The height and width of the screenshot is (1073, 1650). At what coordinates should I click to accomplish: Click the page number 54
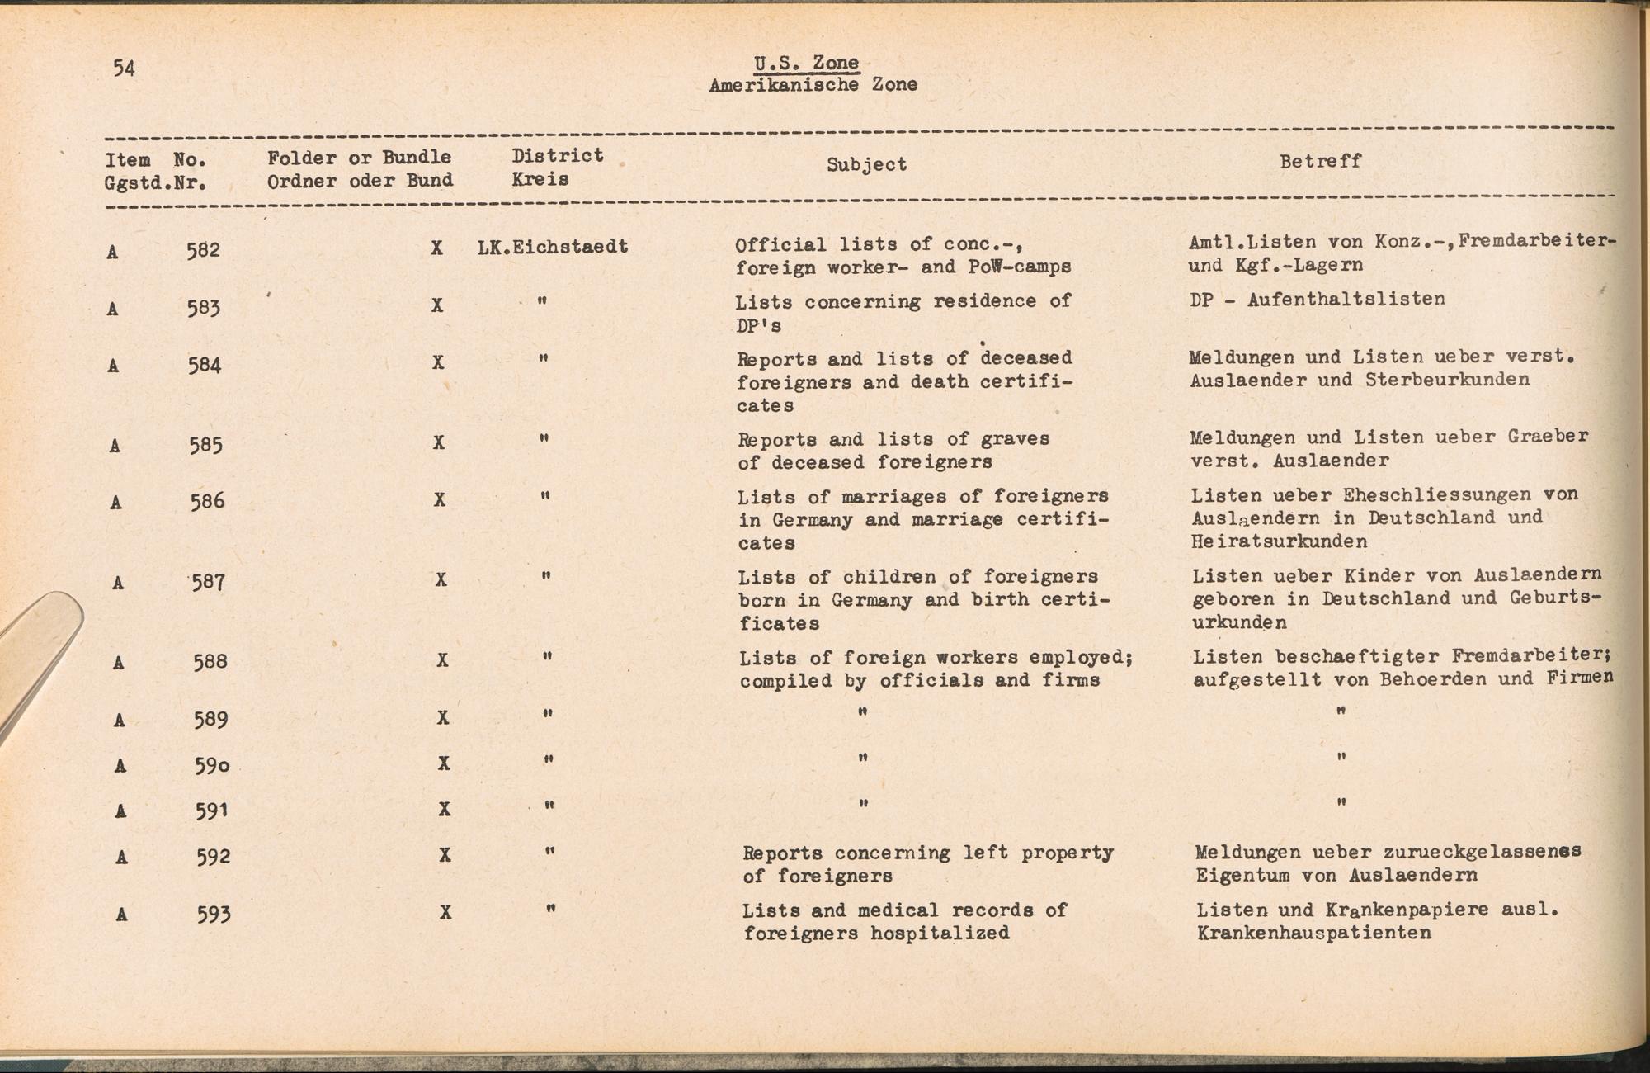click(124, 68)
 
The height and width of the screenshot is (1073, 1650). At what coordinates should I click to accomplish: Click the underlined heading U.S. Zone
click(806, 63)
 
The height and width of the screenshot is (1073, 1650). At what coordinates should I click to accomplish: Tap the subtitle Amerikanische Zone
click(813, 84)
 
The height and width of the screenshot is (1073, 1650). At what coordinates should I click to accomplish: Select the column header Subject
click(866, 164)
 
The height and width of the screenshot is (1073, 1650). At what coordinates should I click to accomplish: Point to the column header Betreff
click(1320, 161)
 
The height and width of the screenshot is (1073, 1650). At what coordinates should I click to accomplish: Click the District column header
click(558, 156)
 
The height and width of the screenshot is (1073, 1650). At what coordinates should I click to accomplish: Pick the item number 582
click(203, 250)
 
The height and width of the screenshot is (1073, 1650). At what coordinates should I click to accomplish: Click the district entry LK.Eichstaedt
click(553, 246)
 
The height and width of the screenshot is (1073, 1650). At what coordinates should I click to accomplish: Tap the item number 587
click(208, 583)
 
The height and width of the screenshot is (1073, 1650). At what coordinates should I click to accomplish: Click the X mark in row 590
click(444, 763)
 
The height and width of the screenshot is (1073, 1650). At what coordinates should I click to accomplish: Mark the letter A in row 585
click(115, 447)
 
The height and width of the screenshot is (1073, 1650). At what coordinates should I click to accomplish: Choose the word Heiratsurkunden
click(1279, 541)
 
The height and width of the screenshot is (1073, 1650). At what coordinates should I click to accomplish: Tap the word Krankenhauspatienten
click(1313, 934)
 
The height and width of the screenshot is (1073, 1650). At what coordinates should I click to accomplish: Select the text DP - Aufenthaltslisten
click(1318, 300)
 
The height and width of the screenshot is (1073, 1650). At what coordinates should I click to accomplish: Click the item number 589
click(210, 720)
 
